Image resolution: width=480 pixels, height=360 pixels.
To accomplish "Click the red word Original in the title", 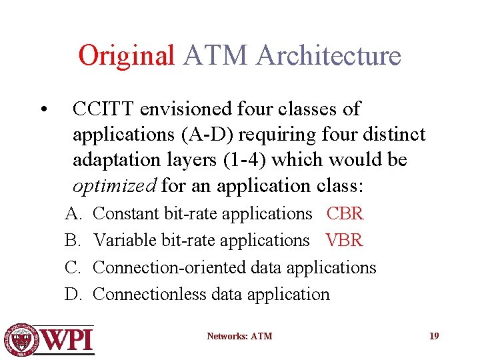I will [x=126, y=55].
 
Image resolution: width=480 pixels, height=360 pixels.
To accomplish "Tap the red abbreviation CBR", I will [x=345, y=214].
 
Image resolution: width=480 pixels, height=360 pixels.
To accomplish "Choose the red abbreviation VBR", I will [x=344, y=241].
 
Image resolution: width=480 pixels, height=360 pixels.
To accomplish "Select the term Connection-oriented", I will [x=170, y=267].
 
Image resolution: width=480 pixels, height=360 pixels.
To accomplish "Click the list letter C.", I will [x=71, y=267].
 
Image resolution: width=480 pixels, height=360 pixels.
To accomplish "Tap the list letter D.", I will [x=71, y=294].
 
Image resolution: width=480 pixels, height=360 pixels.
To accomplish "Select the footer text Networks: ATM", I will [x=239, y=336].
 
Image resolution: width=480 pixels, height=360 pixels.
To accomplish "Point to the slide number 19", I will [x=433, y=336].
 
